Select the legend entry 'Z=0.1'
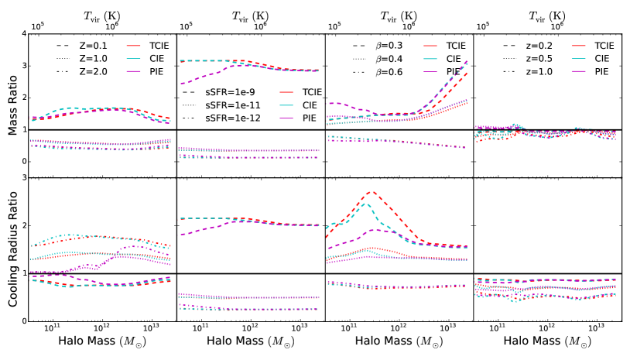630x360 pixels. tap(77, 45)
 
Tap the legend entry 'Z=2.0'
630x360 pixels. tap(77, 70)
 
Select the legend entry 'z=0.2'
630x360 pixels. tap(520, 45)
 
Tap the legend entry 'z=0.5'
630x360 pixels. tap(520, 57)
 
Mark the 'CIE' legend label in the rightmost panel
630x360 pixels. tap(598, 57)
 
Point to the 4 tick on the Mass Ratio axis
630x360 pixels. tap(25, 34)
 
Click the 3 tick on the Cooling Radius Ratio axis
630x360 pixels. tap(25, 178)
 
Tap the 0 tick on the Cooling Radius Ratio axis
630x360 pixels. tap(25, 321)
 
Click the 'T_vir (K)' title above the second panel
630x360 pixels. tap(251, 15)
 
